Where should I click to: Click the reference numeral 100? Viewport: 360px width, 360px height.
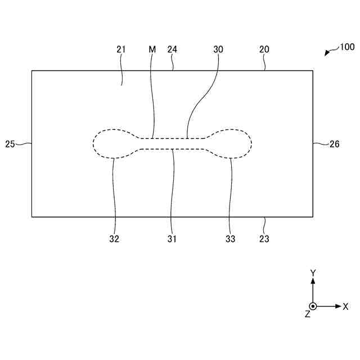pyautogui.click(x=347, y=47)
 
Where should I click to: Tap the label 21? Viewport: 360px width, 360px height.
pyautogui.click(x=121, y=49)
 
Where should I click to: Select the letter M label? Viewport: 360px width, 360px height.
pyautogui.click(x=152, y=49)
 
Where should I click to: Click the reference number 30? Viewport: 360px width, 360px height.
pyautogui.click(x=218, y=49)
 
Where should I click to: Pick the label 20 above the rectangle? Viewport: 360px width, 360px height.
pyautogui.click(x=264, y=49)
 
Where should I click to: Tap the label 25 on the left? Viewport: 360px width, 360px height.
pyautogui.click(x=10, y=144)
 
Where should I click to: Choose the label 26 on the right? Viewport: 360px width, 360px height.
pyautogui.click(x=334, y=144)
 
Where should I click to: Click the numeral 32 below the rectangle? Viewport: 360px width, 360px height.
pyautogui.click(x=115, y=239)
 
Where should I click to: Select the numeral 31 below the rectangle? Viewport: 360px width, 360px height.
pyautogui.click(x=172, y=239)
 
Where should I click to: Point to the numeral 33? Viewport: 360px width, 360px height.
pyautogui.click(x=230, y=239)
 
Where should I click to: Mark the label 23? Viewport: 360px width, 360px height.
pyautogui.click(x=264, y=239)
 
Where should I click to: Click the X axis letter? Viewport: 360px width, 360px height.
pyautogui.click(x=345, y=307)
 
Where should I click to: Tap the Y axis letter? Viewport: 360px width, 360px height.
pyautogui.click(x=313, y=273)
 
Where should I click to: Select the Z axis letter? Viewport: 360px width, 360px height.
pyautogui.click(x=307, y=314)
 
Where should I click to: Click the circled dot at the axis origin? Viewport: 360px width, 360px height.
pyautogui.click(x=313, y=307)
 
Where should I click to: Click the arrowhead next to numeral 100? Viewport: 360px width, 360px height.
pyautogui.click(x=327, y=53)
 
